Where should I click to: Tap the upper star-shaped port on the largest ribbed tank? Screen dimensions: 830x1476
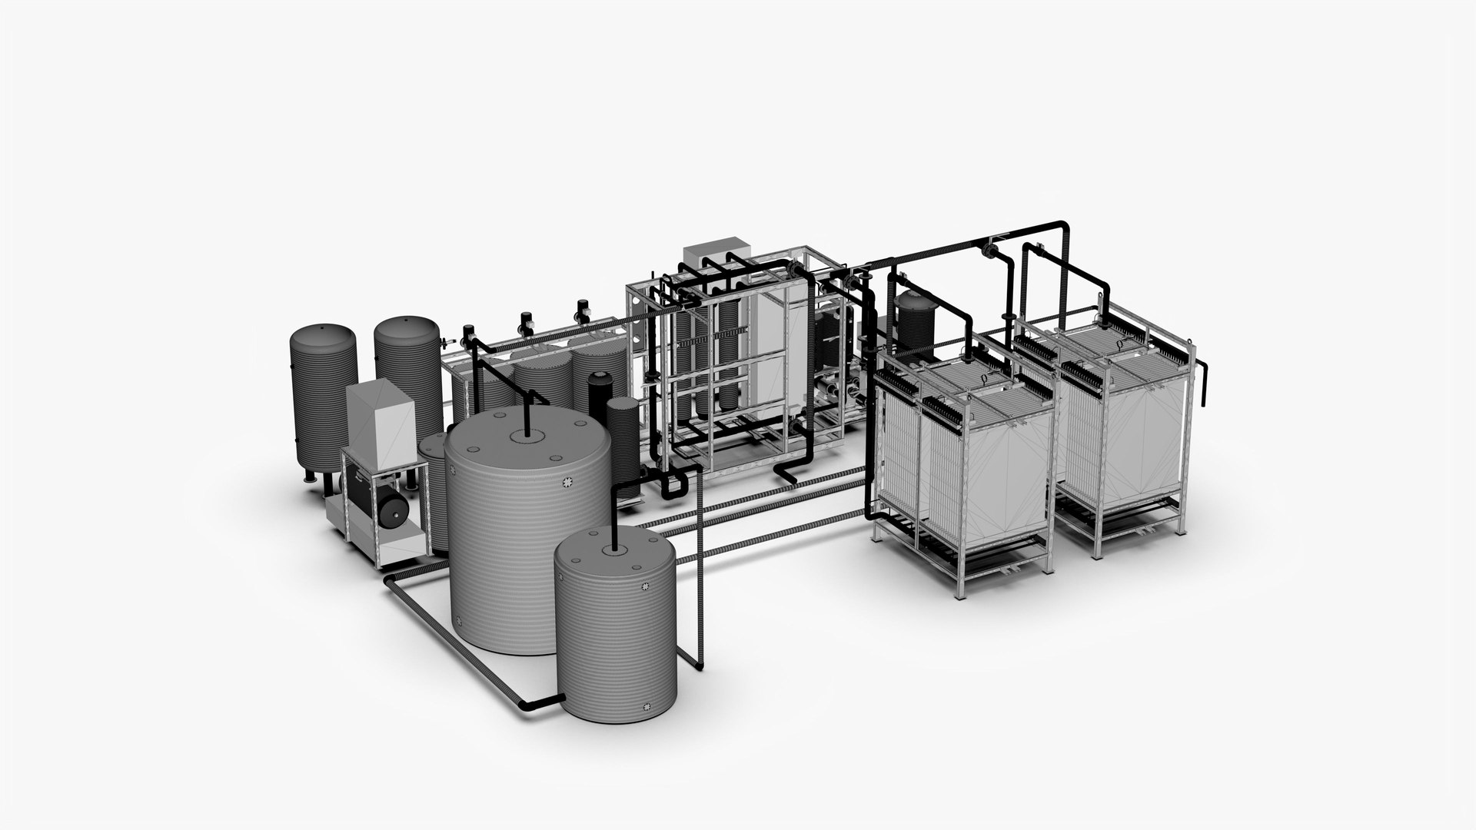[569, 482]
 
